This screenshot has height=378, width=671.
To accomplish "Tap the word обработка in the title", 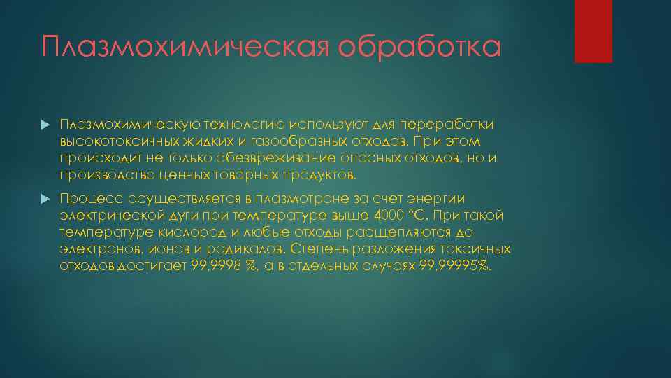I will click(x=420, y=48).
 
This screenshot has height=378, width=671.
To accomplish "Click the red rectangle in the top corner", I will click(x=593, y=31).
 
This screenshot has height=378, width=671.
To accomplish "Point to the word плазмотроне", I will click(x=304, y=199).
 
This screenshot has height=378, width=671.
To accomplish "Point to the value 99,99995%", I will click(x=455, y=265).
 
